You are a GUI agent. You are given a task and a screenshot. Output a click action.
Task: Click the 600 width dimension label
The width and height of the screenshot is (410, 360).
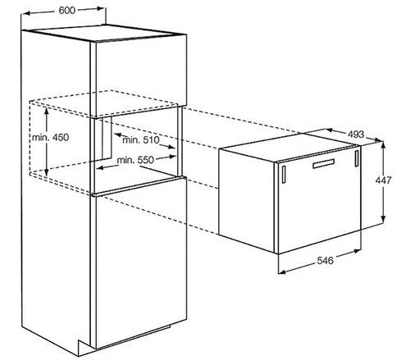66,11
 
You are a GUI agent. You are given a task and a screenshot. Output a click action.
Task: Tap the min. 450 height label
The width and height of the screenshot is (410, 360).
50,137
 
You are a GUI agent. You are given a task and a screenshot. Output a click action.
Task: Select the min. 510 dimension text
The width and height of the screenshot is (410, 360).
140,140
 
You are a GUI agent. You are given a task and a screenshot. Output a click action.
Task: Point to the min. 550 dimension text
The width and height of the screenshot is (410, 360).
135,160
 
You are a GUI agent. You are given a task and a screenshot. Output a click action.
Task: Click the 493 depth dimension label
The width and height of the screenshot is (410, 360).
356,134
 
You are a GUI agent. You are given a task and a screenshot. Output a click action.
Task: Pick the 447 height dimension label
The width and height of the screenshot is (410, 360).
384,180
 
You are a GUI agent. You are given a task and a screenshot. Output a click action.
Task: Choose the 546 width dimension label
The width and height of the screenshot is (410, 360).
326,261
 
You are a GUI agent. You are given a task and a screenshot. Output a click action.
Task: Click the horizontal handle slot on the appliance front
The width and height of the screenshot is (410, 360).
324,163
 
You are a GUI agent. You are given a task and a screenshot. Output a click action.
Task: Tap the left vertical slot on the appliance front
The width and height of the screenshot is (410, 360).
284,174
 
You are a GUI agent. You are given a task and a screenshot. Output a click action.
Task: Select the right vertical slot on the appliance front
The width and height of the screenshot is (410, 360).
357,158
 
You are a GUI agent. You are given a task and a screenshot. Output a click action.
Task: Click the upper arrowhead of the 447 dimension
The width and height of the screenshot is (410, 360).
383,145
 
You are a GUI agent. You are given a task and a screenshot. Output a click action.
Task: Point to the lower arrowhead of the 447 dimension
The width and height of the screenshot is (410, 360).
383,219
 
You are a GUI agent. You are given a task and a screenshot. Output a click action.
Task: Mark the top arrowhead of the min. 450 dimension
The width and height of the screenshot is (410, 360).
47,111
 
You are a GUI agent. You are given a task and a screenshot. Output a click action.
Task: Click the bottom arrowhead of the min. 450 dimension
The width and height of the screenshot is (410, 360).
47,172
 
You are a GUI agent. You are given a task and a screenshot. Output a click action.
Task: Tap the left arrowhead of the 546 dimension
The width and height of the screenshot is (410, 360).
282,271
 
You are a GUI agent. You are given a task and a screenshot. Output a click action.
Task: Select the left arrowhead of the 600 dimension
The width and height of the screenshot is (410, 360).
25,13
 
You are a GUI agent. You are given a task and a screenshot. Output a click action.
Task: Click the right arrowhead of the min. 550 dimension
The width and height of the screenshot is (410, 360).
173,157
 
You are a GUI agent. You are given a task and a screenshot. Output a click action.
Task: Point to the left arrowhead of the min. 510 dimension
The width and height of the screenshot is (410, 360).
117,134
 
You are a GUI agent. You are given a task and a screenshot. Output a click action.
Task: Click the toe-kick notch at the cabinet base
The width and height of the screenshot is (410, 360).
84,348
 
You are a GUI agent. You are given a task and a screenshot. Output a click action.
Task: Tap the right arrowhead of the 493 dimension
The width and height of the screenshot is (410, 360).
378,140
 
